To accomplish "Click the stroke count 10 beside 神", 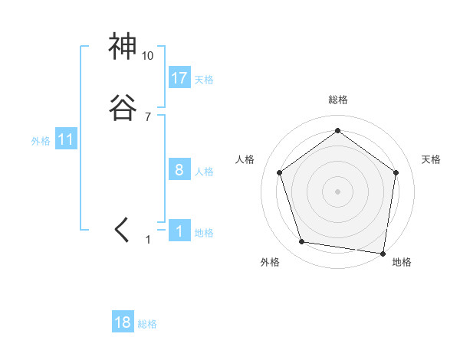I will coord(148,56).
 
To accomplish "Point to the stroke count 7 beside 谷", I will coord(148,117).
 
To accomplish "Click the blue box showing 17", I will coord(179,77).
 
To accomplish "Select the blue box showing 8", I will coord(179,170).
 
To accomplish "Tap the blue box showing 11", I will coord(66,139).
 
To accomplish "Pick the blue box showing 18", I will coord(123,322).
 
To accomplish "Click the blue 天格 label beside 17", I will coord(204,80).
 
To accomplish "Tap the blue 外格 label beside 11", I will coord(41,141).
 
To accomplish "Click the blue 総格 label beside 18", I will coord(147,325).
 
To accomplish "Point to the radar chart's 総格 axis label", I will coord(337,100).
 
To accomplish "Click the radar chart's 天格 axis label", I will coord(432,159).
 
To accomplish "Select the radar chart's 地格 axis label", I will coord(402,263).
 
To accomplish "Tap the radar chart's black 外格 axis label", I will coord(270,263).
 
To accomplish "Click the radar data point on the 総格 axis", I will coord(337,131).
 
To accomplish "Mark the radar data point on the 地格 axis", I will coord(383,253).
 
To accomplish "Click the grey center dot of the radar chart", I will coord(337,191).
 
